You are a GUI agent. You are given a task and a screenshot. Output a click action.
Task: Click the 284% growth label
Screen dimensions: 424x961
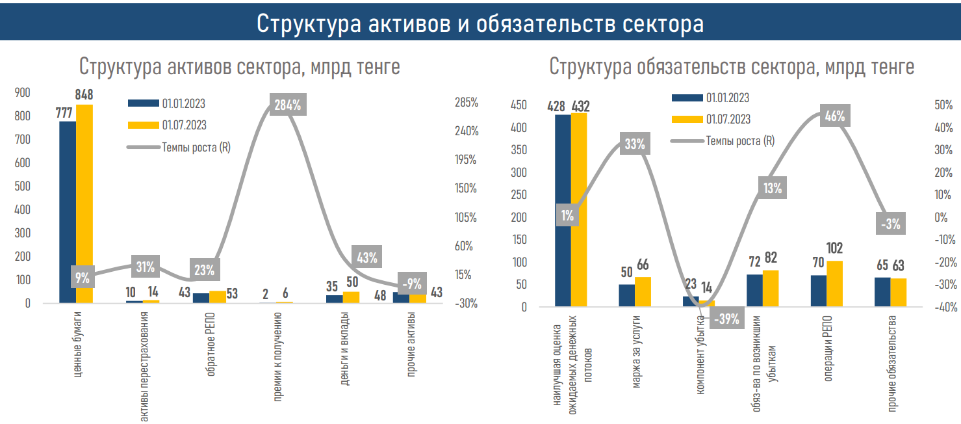(x=287, y=105)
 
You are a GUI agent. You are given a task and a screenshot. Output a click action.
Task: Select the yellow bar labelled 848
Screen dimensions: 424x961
(x=84, y=202)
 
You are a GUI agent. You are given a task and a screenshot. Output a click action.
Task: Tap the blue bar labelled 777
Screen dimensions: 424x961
(x=68, y=208)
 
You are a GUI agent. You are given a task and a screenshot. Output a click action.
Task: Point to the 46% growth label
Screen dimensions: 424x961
(x=834, y=116)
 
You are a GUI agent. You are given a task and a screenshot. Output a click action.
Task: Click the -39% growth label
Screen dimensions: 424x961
(x=726, y=319)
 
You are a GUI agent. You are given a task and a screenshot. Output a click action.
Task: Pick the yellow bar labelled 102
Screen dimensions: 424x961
(x=834, y=283)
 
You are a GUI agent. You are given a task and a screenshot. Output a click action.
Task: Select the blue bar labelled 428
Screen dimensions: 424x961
(x=563, y=208)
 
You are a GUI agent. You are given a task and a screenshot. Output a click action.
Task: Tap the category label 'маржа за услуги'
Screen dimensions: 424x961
(x=635, y=352)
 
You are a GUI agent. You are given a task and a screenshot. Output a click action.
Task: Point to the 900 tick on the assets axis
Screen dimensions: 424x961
(x=22, y=93)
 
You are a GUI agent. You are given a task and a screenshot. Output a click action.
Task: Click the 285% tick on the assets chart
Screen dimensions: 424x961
(x=466, y=103)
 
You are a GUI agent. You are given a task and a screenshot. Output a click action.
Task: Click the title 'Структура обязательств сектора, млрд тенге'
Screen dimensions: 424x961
(x=732, y=66)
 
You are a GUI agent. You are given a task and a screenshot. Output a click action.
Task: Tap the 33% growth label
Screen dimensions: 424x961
(x=634, y=144)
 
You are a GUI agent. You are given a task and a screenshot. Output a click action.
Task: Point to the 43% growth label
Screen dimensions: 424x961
(x=367, y=257)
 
